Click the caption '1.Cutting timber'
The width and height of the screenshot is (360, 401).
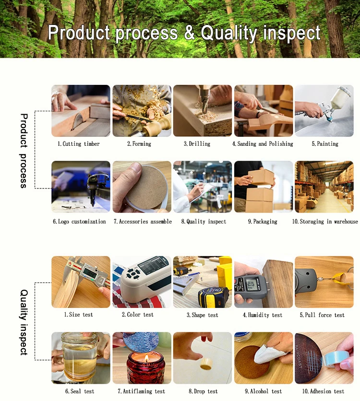click(79, 144)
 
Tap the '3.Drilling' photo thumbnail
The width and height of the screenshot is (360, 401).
click(203, 111)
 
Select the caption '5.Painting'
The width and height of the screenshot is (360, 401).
click(325, 144)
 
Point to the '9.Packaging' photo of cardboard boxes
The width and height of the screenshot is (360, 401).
click(263, 187)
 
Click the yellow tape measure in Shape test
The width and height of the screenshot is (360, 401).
click(213, 296)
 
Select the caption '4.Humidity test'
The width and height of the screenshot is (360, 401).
click(263, 315)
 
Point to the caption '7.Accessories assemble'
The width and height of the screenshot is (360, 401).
click(143, 222)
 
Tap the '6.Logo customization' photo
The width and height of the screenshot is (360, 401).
click(81, 187)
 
